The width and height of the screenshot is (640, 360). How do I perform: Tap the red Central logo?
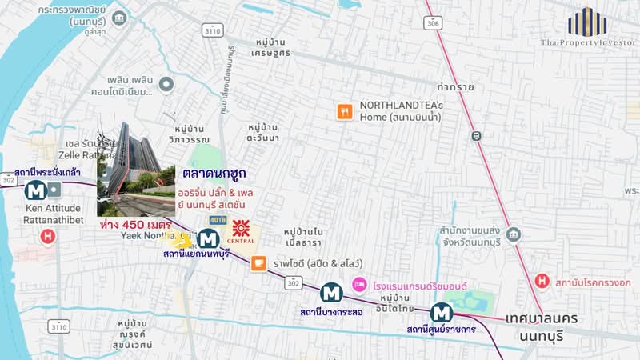pos(243,229)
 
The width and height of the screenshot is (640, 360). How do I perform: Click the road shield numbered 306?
pos(434,24)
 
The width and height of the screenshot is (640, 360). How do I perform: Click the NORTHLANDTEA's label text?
pos(401,105)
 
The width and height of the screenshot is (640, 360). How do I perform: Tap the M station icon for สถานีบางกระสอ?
pos(331,293)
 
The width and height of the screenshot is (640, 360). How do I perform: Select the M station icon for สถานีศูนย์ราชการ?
pos(440,312)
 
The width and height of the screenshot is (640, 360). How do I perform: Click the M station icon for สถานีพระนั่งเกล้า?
pos(35,190)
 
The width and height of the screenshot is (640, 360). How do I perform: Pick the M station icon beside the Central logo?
pos(208,238)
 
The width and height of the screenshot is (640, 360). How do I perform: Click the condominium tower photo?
pos(136,169)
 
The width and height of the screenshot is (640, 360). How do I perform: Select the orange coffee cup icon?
pos(258,262)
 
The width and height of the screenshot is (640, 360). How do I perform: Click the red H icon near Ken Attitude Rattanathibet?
pos(48,237)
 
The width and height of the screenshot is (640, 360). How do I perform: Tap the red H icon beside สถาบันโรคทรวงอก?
pos(542,281)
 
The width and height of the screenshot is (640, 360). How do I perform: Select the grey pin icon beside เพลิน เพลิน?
pos(166,83)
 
